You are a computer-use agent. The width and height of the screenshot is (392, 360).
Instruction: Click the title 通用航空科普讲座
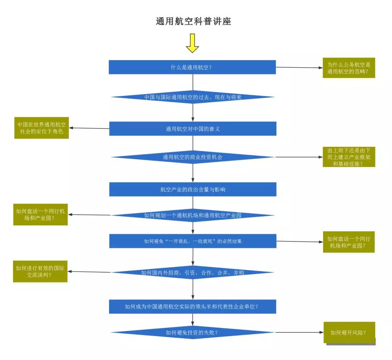point(193,22)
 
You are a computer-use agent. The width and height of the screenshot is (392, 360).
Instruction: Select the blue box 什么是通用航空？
point(192,67)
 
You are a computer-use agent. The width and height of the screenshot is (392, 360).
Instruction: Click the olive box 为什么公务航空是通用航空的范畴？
point(349,68)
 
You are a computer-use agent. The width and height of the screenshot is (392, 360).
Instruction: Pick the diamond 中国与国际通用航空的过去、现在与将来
point(193,97)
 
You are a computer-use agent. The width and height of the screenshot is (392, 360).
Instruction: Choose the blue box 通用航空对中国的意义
point(193,129)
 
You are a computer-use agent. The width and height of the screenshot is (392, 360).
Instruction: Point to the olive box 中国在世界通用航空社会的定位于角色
point(41,128)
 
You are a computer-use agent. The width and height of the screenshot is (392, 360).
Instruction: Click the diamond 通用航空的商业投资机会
point(192,157)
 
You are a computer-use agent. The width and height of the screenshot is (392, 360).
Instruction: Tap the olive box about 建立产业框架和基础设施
point(349,157)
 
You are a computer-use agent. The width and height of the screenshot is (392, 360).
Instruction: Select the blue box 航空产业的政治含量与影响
point(193,189)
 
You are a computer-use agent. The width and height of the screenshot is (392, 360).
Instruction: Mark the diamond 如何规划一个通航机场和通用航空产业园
point(193,215)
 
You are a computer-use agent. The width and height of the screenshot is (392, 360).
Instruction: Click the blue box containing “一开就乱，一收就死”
point(193,241)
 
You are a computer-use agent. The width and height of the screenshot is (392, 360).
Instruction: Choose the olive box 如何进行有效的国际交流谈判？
point(40,272)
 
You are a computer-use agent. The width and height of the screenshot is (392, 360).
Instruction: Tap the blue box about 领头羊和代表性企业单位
point(193,306)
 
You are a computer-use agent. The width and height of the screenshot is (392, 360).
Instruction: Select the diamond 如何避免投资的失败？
point(193,332)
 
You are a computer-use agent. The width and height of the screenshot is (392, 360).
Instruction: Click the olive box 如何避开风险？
point(349,332)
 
